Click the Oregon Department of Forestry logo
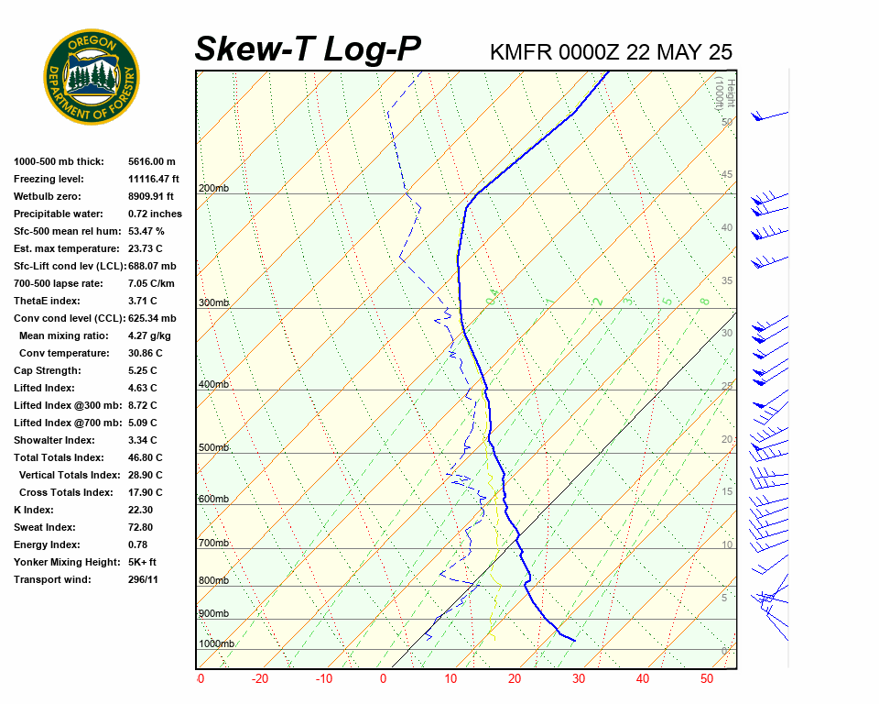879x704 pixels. [x=92, y=77]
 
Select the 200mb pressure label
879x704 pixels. [x=213, y=189]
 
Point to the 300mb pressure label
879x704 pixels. [x=213, y=303]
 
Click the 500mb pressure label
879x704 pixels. [x=213, y=448]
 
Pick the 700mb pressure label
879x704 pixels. [x=213, y=544]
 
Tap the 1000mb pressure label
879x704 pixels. [x=216, y=644]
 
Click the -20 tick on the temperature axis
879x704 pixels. [x=260, y=679]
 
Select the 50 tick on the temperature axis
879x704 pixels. [x=706, y=679]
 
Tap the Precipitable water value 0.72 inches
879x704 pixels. [x=155, y=214]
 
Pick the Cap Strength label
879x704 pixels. [x=48, y=370]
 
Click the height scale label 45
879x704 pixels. [x=726, y=175]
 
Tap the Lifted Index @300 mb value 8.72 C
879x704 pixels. [x=142, y=405]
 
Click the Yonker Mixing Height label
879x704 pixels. [x=60, y=562]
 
